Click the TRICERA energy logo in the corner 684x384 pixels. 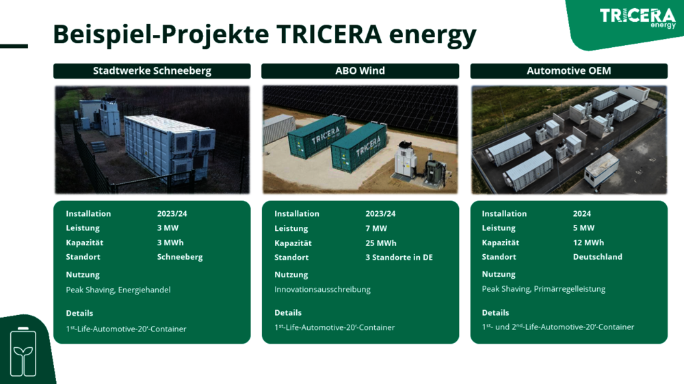pyautogui.click(x=637, y=18)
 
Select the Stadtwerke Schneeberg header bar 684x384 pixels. pyautogui.click(x=152, y=71)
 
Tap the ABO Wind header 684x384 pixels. pyautogui.click(x=360, y=71)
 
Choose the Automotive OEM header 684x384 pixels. pyautogui.click(x=569, y=71)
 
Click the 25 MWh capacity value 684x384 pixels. pyautogui.click(x=381, y=243)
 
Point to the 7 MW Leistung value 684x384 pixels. pyautogui.click(x=376, y=228)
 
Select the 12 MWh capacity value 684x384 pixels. pyautogui.click(x=588, y=243)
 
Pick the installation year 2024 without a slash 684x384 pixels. pyautogui.click(x=582, y=214)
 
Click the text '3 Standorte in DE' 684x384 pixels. pyautogui.click(x=399, y=258)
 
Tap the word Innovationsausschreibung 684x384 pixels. pyautogui.click(x=322, y=290)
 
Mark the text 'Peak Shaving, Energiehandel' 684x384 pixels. pyautogui.click(x=118, y=290)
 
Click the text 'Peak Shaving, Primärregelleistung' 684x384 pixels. pyautogui.click(x=544, y=289)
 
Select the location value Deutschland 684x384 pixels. pyautogui.click(x=598, y=257)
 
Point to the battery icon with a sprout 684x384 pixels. pyautogui.click(x=23, y=352)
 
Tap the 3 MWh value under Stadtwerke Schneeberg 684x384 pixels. pyautogui.click(x=170, y=243)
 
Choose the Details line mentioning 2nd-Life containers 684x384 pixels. pyautogui.click(x=558, y=327)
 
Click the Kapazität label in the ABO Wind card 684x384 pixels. pyautogui.click(x=293, y=243)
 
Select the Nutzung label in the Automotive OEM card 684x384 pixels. pyautogui.click(x=499, y=275)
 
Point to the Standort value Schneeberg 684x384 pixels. pyautogui.click(x=180, y=257)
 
